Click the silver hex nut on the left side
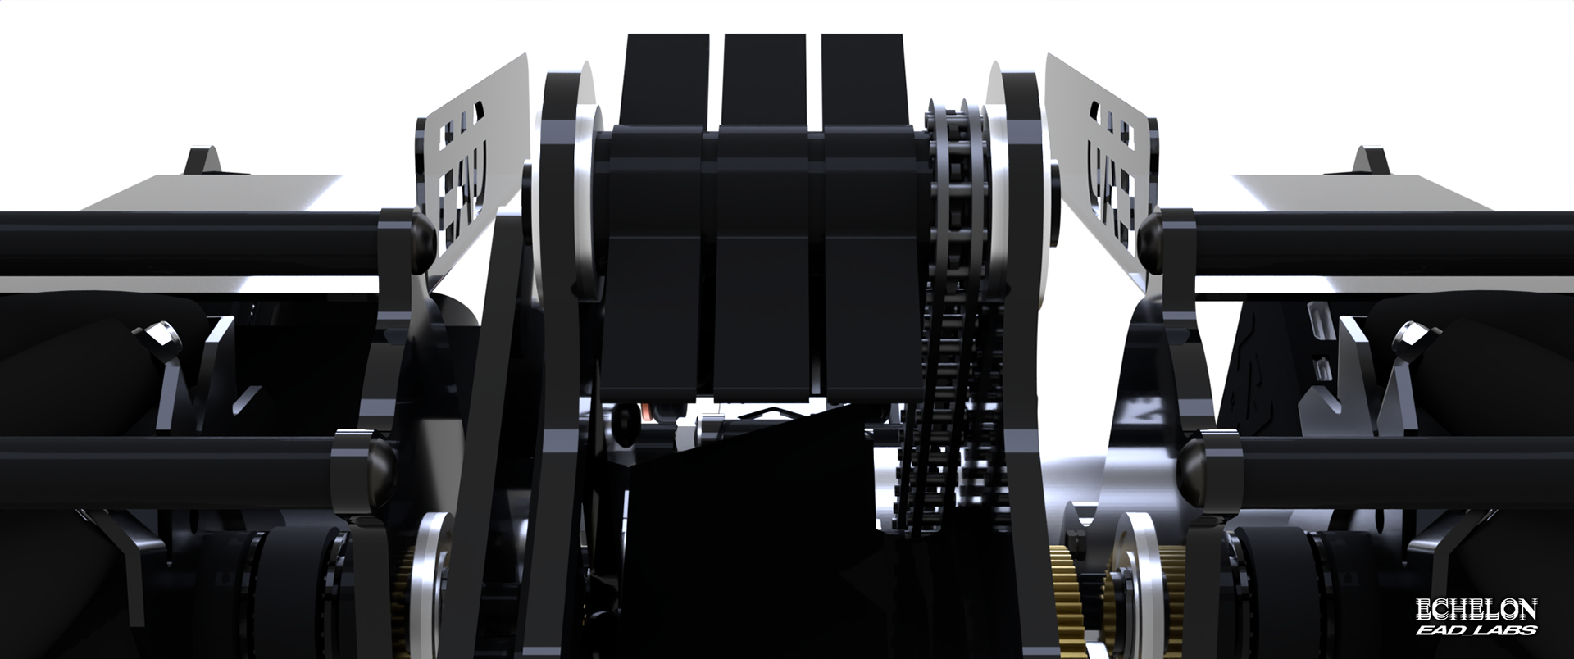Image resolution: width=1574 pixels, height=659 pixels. pyautogui.click(x=156, y=336)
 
